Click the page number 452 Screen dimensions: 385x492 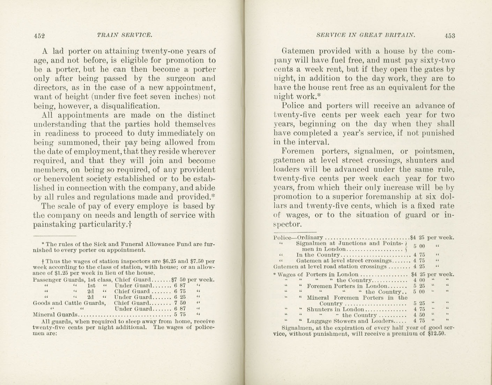pyautogui.click(x=40, y=35)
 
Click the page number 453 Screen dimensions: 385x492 pyautogui.click(x=450, y=35)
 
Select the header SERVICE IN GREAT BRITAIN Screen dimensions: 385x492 pyautogui.click(x=366, y=35)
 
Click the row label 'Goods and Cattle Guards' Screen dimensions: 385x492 pyautogui.click(x=69, y=303)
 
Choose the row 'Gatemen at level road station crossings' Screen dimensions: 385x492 pyautogui.click(x=330, y=267)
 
